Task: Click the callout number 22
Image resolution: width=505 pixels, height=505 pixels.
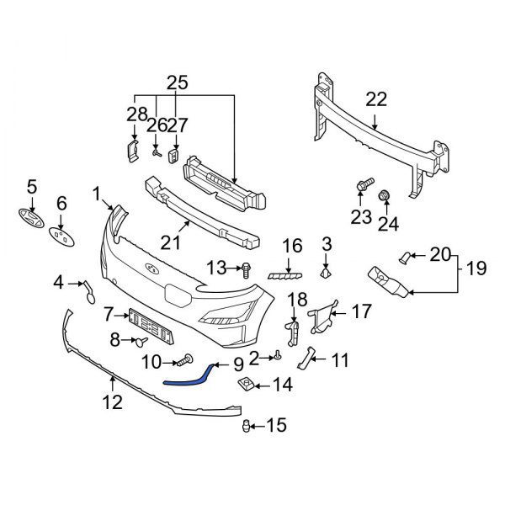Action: pyautogui.click(x=375, y=99)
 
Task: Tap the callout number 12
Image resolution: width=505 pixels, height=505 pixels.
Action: pyautogui.click(x=111, y=402)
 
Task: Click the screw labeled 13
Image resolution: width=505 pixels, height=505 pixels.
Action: pyautogui.click(x=245, y=269)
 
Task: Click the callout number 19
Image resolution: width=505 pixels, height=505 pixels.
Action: pyautogui.click(x=476, y=269)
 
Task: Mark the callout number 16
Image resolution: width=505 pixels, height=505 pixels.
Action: pyautogui.click(x=291, y=246)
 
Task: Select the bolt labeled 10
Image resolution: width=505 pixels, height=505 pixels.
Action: pyautogui.click(x=183, y=363)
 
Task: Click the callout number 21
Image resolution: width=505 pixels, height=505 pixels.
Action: pyautogui.click(x=171, y=242)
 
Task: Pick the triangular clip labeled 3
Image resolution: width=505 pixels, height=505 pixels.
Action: pyautogui.click(x=326, y=271)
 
